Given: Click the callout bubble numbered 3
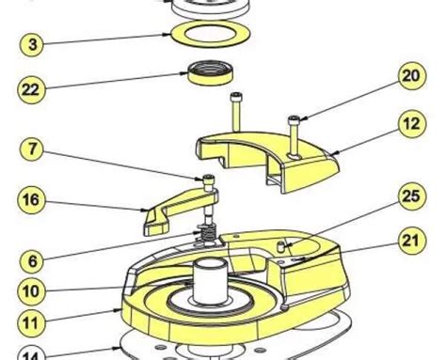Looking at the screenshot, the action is (x=32, y=44).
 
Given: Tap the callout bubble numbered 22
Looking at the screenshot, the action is (x=31, y=90).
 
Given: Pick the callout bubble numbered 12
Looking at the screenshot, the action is (x=412, y=124).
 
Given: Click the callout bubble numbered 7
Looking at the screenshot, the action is (x=33, y=149).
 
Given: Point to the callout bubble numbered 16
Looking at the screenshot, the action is (x=31, y=200).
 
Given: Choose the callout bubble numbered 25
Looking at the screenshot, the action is (x=412, y=196).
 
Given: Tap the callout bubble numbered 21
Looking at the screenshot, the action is (x=412, y=241).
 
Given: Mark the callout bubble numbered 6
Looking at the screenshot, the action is (x=32, y=261).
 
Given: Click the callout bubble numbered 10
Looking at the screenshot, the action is (x=31, y=291).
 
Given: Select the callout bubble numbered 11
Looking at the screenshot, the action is (x=31, y=322).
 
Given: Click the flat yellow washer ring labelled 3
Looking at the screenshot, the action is (x=211, y=43).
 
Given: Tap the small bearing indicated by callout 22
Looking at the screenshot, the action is (x=211, y=73).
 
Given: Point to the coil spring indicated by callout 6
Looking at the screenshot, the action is (x=208, y=233).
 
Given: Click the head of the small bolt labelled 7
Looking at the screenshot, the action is (x=209, y=180).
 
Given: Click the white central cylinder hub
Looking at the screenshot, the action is (x=210, y=281).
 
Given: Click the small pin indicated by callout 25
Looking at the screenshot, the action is (x=280, y=246).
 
